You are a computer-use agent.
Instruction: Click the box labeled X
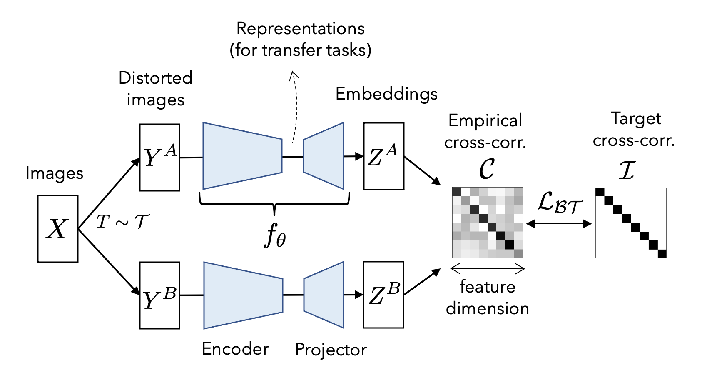[x=57, y=228]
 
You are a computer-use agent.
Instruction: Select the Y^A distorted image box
[x=159, y=157]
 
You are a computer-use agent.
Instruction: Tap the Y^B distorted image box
[x=159, y=295]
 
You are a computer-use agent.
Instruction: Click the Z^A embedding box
[x=383, y=156]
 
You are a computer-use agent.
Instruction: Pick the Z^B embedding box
[x=383, y=295]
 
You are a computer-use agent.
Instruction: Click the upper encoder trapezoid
[x=242, y=156]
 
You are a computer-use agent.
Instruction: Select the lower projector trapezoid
[x=324, y=295]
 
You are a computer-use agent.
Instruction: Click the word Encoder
[x=235, y=349]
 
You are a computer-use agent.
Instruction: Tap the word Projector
[x=331, y=350]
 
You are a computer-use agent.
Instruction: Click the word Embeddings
[x=386, y=94]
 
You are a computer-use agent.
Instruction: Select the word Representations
[x=300, y=29]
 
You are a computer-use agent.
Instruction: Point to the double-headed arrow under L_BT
[x=559, y=224]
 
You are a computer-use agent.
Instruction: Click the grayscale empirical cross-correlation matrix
[x=487, y=222]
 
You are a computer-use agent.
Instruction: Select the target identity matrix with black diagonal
[x=631, y=222]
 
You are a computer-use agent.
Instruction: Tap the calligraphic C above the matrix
[x=486, y=169]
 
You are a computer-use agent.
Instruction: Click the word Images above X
[x=54, y=173]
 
